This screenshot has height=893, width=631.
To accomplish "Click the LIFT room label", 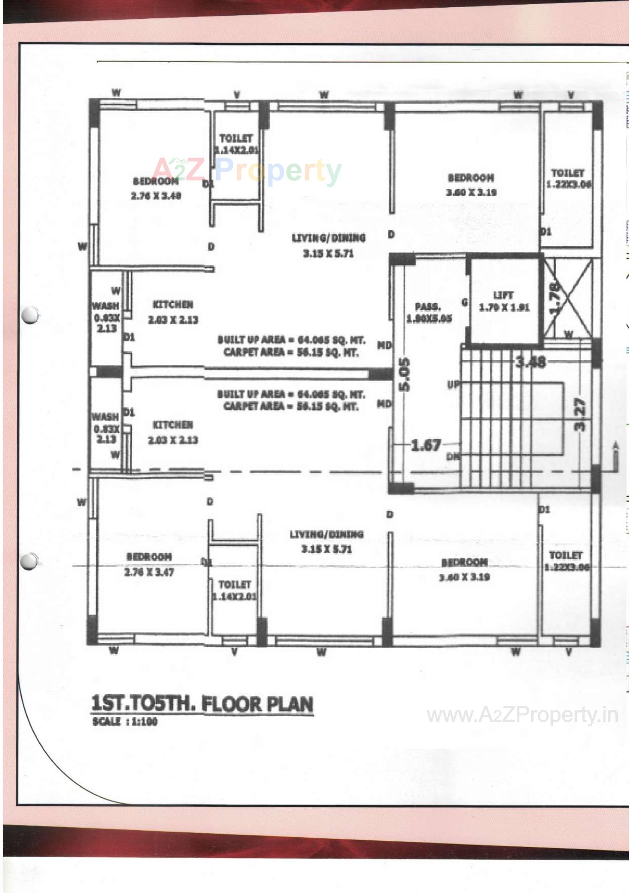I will [503, 301].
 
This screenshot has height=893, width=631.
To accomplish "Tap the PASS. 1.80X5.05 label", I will [429, 313].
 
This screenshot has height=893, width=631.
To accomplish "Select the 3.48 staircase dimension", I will [531, 362].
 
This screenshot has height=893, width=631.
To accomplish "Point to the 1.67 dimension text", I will [426, 445].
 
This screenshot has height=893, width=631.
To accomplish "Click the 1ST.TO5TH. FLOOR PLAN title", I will [202, 704].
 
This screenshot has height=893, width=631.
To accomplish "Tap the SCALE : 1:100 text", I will [125, 722].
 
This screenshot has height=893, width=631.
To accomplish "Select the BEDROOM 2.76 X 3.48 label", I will [155, 188].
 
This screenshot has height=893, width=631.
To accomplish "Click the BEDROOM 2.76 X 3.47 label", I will [149, 565].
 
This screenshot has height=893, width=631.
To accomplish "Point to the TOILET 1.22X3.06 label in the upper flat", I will [568, 178].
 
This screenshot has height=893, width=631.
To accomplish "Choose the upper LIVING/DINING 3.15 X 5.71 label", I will [329, 246].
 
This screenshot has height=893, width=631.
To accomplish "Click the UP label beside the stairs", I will [453, 385].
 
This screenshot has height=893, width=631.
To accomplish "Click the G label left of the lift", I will [464, 302].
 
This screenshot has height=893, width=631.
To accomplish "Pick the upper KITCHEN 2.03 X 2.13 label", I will [173, 312].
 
